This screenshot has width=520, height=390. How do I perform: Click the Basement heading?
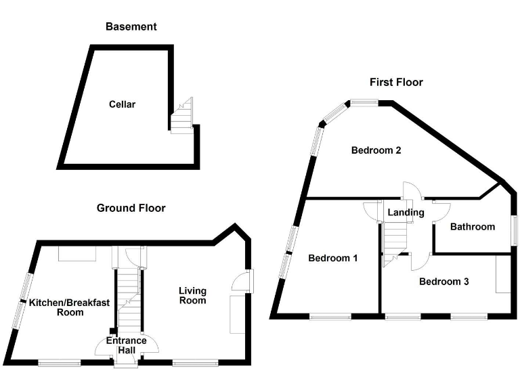point(131,27)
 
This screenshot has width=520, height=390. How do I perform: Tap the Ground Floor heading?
point(131,208)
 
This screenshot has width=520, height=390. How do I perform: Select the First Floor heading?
point(395,82)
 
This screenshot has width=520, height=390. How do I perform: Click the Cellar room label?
point(122,104)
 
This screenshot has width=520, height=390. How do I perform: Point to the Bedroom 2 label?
point(376,150)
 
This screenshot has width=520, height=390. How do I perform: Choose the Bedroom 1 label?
point(332,258)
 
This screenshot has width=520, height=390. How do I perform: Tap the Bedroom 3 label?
point(443,282)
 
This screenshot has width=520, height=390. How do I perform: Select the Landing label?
point(406,213)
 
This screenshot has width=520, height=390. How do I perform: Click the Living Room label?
point(192,295)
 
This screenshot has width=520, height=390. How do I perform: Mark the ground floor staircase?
point(128,298)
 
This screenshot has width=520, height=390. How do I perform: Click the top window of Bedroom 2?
point(364,103)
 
